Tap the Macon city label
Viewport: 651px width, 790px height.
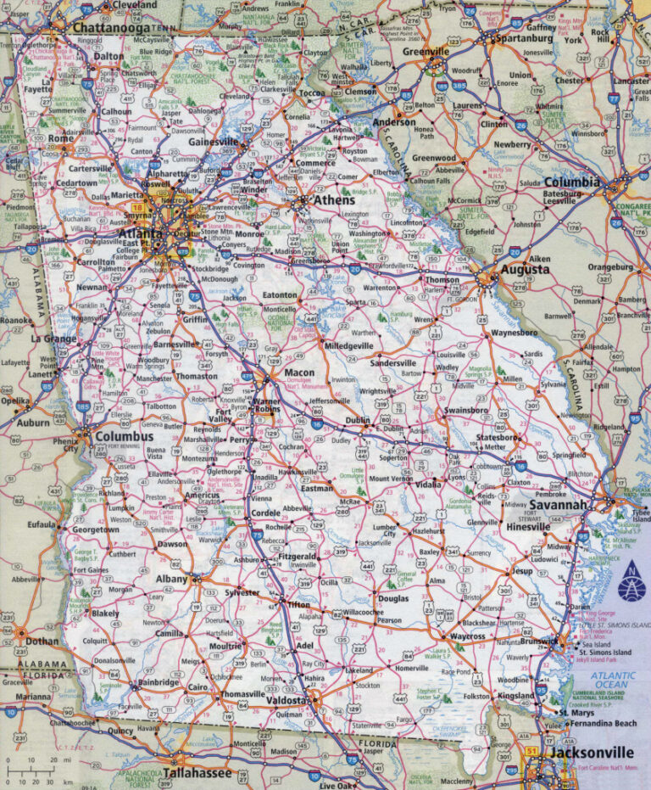(298, 373)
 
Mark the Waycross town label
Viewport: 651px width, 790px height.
(467, 636)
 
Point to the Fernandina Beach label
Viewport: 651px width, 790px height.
(603, 723)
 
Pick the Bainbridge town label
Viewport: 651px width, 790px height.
(159, 681)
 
